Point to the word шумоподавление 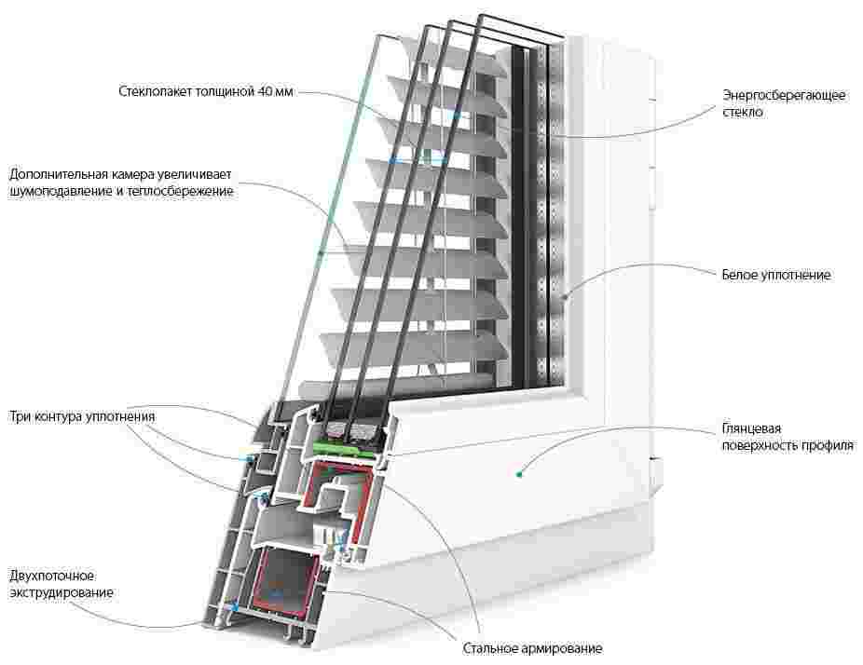(65, 192)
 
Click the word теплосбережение (185, 192)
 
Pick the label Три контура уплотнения (81, 415)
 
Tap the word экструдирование (62, 593)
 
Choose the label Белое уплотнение (775, 275)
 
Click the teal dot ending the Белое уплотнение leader (566, 297)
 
